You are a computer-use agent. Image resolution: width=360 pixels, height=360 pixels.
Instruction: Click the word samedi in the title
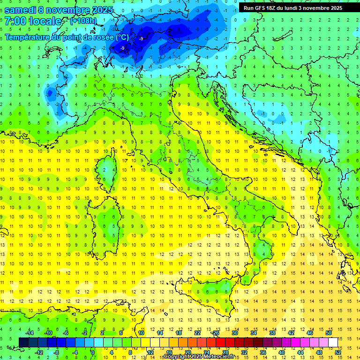click(20, 10)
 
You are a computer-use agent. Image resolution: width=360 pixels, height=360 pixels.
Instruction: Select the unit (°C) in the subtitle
click(122, 37)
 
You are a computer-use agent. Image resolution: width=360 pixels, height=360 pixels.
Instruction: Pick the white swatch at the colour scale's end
click(333, 342)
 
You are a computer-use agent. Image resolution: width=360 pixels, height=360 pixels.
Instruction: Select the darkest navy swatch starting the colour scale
click(24, 342)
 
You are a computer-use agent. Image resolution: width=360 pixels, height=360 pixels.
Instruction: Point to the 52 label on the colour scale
click(338, 352)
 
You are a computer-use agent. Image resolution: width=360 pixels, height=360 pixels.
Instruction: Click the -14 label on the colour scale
click(29, 333)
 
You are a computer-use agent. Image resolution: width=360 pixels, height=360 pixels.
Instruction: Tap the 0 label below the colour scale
click(93, 352)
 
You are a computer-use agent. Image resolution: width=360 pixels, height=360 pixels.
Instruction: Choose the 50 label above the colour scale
click(329, 333)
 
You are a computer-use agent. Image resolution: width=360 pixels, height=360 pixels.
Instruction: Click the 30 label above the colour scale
click(235, 333)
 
